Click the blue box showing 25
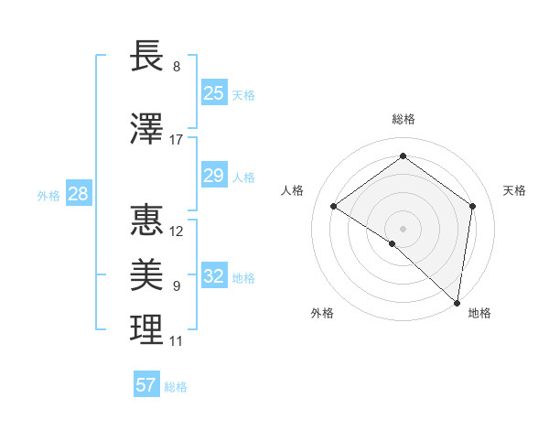point(213,92)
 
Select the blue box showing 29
point(213,176)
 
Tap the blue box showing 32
point(213,276)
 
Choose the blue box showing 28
point(78,194)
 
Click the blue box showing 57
point(146,385)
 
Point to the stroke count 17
point(177,140)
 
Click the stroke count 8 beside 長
point(177,68)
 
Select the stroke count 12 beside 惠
point(177,231)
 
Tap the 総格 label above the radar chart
point(403,119)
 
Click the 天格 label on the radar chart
point(514,190)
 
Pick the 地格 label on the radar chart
point(479,314)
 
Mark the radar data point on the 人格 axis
point(334,206)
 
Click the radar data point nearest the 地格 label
point(457,302)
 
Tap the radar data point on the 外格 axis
point(393,243)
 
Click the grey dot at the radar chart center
point(403,228)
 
